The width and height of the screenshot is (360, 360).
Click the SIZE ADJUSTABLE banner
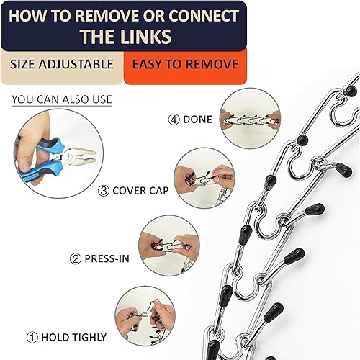coord(62,64)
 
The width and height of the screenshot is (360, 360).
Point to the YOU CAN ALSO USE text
coord(63,99)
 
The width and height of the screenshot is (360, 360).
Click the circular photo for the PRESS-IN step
coord(168,245)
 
